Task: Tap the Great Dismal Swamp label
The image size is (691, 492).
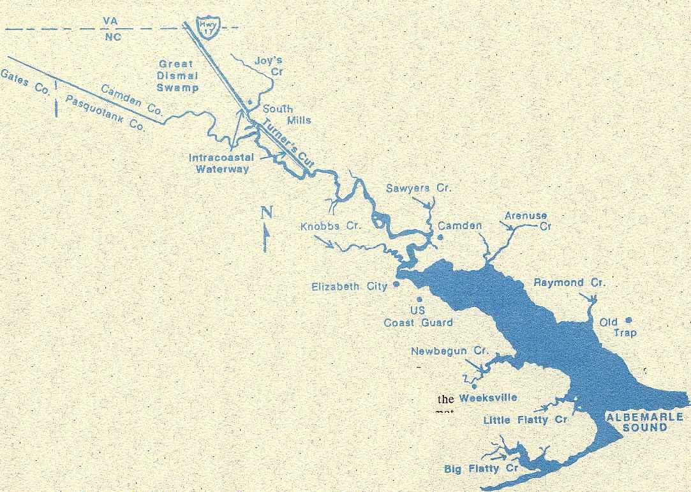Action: tap(178, 76)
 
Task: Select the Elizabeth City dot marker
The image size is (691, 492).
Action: tap(397, 284)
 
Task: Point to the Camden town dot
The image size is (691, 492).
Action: tap(440, 237)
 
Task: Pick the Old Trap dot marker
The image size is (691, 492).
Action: tap(628, 320)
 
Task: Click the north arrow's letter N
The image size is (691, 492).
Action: tap(267, 213)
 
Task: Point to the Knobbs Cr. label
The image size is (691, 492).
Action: tap(331, 226)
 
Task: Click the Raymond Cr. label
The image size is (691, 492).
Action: tap(569, 283)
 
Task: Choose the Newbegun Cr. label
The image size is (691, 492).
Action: tap(449, 351)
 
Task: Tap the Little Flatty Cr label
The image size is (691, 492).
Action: tap(525, 419)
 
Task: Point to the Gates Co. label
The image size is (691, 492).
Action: tap(25, 82)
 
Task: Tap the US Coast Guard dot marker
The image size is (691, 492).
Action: tap(419, 299)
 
